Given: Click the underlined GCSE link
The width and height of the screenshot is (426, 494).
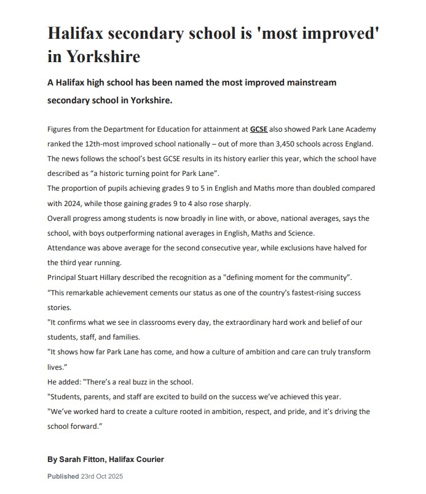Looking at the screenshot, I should tap(259, 129).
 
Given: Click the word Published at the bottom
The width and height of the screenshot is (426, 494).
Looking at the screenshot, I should tap(63, 476).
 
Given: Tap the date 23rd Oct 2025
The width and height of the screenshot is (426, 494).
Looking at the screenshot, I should tap(103, 476).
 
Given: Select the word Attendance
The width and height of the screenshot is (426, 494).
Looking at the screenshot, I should tap(68, 247).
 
